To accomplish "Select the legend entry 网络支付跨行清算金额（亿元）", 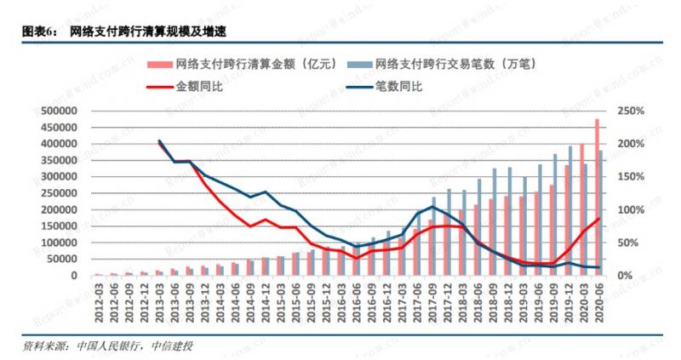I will (248, 64).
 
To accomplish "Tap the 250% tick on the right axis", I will (632, 111).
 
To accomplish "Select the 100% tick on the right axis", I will (632, 210).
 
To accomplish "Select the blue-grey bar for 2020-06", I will (603, 213).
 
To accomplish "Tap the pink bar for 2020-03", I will (581, 209).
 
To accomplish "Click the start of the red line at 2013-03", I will (160, 142).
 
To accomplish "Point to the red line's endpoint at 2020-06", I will (599, 218).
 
